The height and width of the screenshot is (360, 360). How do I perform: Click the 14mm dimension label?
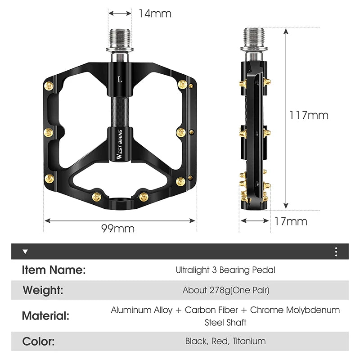[x=154, y=13]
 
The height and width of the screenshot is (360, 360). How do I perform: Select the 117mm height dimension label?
[x=309, y=115]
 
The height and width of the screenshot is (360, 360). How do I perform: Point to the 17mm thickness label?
[x=291, y=221]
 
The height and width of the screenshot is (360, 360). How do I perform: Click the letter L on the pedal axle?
[x=120, y=79]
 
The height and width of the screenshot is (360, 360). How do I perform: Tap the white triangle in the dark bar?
[x=25, y=252]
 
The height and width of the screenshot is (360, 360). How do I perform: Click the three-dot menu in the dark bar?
[x=336, y=252]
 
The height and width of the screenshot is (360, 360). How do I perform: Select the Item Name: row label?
[x=54, y=270]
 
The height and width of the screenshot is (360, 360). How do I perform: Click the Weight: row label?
[x=43, y=290]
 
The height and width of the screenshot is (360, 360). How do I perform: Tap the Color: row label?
[x=38, y=341]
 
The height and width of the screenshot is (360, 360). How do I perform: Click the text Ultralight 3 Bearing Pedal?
[x=225, y=270]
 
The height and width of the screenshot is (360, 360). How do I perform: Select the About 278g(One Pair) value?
[x=226, y=290]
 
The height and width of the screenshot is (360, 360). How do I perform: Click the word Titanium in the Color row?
[x=249, y=341]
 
